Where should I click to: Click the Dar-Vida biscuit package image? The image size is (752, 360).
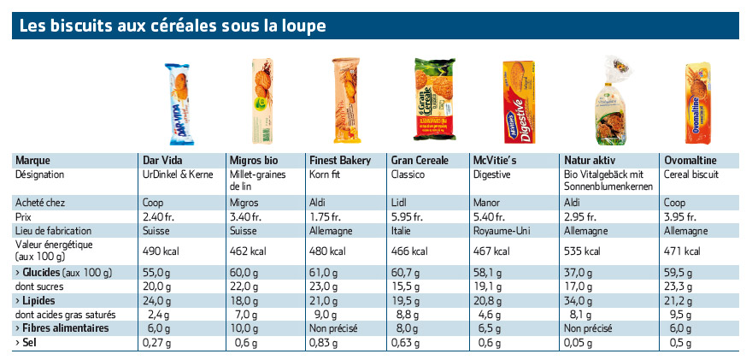pyautogui.click(x=179, y=104)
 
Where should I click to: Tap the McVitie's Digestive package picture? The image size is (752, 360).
pyautogui.click(x=519, y=102)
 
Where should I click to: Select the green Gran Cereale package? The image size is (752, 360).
pyautogui.click(x=434, y=99)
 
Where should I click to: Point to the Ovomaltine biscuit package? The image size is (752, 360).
pyautogui.click(x=698, y=103)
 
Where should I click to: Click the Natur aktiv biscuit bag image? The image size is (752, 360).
pyautogui.click(x=610, y=100)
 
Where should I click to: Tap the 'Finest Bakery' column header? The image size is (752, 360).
pyautogui.click(x=340, y=160)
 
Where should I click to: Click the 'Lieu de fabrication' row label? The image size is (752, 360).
pyautogui.click(x=53, y=231)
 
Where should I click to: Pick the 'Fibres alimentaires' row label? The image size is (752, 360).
pyautogui.click(x=62, y=328)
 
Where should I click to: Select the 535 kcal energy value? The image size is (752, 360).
pyautogui.click(x=582, y=251)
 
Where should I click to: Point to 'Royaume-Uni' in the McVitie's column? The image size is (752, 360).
pyautogui.click(x=501, y=231)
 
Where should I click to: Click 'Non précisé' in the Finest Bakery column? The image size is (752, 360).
pyautogui.click(x=334, y=329)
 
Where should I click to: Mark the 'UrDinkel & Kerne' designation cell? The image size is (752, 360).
pyautogui.click(x=178, y=174)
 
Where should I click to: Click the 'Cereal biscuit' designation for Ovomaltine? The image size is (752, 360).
pyautogui.click(x=691, y=174)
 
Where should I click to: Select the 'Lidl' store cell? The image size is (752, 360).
pyautogui.click(x=398, y=203)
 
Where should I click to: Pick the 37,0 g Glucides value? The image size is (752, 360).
pyautogui.click(x=578, y=273)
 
